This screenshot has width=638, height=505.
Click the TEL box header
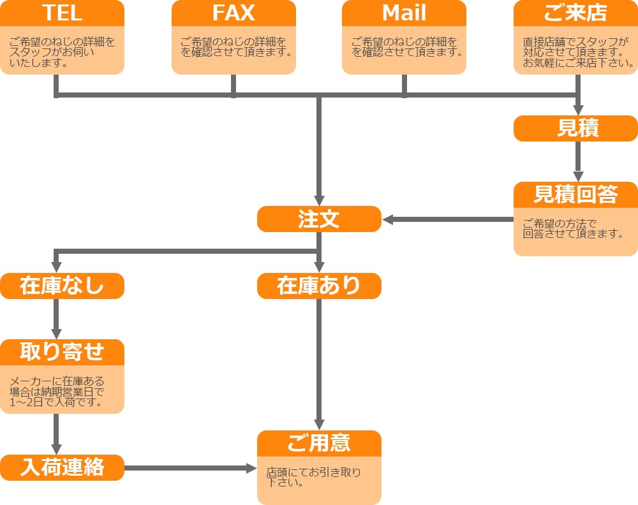tap(62, 13)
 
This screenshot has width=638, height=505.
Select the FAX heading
tap(234, 13)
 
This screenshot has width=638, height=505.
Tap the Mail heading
tap(404, 13)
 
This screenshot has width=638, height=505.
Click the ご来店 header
tap(575, 13)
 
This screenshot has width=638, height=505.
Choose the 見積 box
tap(575, 128)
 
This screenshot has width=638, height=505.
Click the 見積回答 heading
tap(575, 195)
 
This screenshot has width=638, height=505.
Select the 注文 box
tap(319, 219)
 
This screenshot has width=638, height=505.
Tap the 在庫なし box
tap(62, 286)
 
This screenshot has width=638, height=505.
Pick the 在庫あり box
tap(319, 286)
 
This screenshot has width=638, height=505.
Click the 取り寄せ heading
tap(62, 352)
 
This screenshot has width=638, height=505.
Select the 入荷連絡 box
tap(62, 468)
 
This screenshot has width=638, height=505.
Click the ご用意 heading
tap(319, 443)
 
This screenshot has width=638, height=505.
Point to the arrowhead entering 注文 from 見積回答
tap(389, 220)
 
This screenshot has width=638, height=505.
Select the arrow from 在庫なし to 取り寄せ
tap(57, 319)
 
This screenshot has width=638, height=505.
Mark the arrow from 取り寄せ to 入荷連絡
tap(57, 434)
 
